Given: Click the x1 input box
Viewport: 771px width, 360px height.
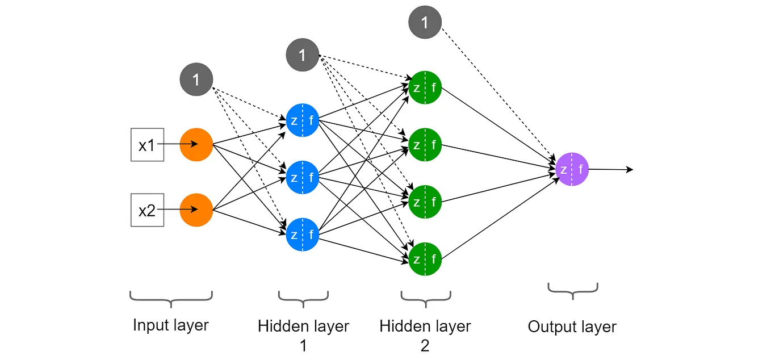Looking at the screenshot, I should pos(147,145).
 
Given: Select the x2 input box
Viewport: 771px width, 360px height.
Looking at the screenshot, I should pos(147,210).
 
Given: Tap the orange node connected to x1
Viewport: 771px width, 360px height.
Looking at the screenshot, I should pos(196,145).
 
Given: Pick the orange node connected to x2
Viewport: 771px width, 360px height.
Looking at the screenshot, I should pos(196,210).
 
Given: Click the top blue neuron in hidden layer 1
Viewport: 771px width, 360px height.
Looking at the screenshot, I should pos(303,120).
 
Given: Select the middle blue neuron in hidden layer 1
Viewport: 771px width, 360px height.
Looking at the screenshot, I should pos(303,178).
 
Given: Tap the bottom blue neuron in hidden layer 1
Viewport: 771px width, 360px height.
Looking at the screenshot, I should pos(303,235).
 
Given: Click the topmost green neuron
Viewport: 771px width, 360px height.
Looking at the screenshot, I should pos(425,87).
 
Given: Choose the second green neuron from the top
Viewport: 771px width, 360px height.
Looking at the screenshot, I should pos(425,145).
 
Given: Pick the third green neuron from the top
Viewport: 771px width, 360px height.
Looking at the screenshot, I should pos(425,202).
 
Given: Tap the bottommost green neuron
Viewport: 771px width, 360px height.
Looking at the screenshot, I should pos(425,259).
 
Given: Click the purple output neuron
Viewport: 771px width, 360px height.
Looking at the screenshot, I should pos(572,169).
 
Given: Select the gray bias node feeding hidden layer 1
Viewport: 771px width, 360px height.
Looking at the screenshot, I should pos(196,79).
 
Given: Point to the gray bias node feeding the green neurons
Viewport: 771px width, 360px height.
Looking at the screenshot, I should pos(303,55).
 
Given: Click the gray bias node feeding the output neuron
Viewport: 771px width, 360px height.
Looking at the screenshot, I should pos(425,22).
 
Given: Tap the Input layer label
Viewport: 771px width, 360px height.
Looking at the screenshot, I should pos(171,325).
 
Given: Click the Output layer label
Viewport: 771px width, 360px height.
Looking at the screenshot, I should pos(572,327).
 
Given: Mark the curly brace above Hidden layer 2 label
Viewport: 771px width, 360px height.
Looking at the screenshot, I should pos(425,296).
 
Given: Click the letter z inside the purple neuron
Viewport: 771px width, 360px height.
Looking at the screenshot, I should pos(563,169).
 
